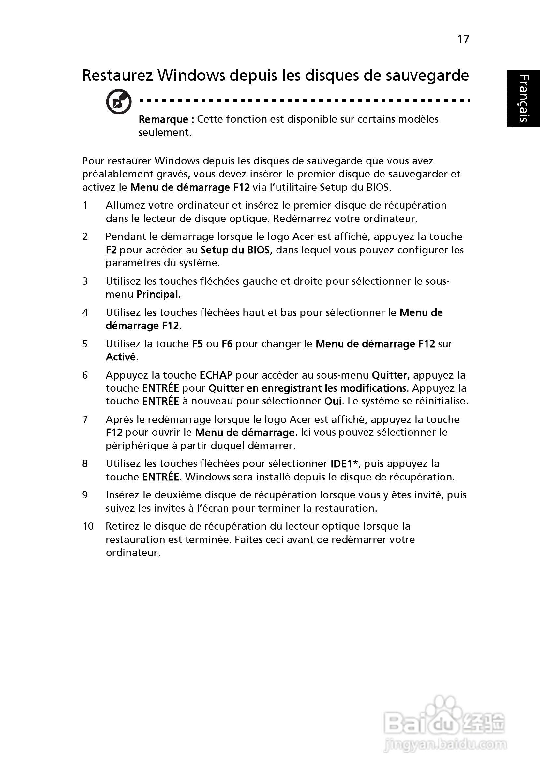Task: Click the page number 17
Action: [x=463, y=39]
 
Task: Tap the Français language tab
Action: [x=523, y=98]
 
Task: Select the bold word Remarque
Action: [x=163, y=119]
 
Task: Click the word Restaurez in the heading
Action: [x=118, y=76]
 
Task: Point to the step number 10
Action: [x=88, y=526]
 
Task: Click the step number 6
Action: [x=85, y=375]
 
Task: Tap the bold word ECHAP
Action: [x=216, y=375]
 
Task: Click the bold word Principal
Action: [x=157, y=295]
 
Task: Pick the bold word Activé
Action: [x=121, y=357]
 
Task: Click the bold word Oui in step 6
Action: [x=333, y=401]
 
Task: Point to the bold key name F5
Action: [x=197, y=344]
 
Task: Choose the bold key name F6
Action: [x=227, y=344]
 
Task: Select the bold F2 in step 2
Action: [x=111, y=250]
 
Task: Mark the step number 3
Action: [x=85, y=281]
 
